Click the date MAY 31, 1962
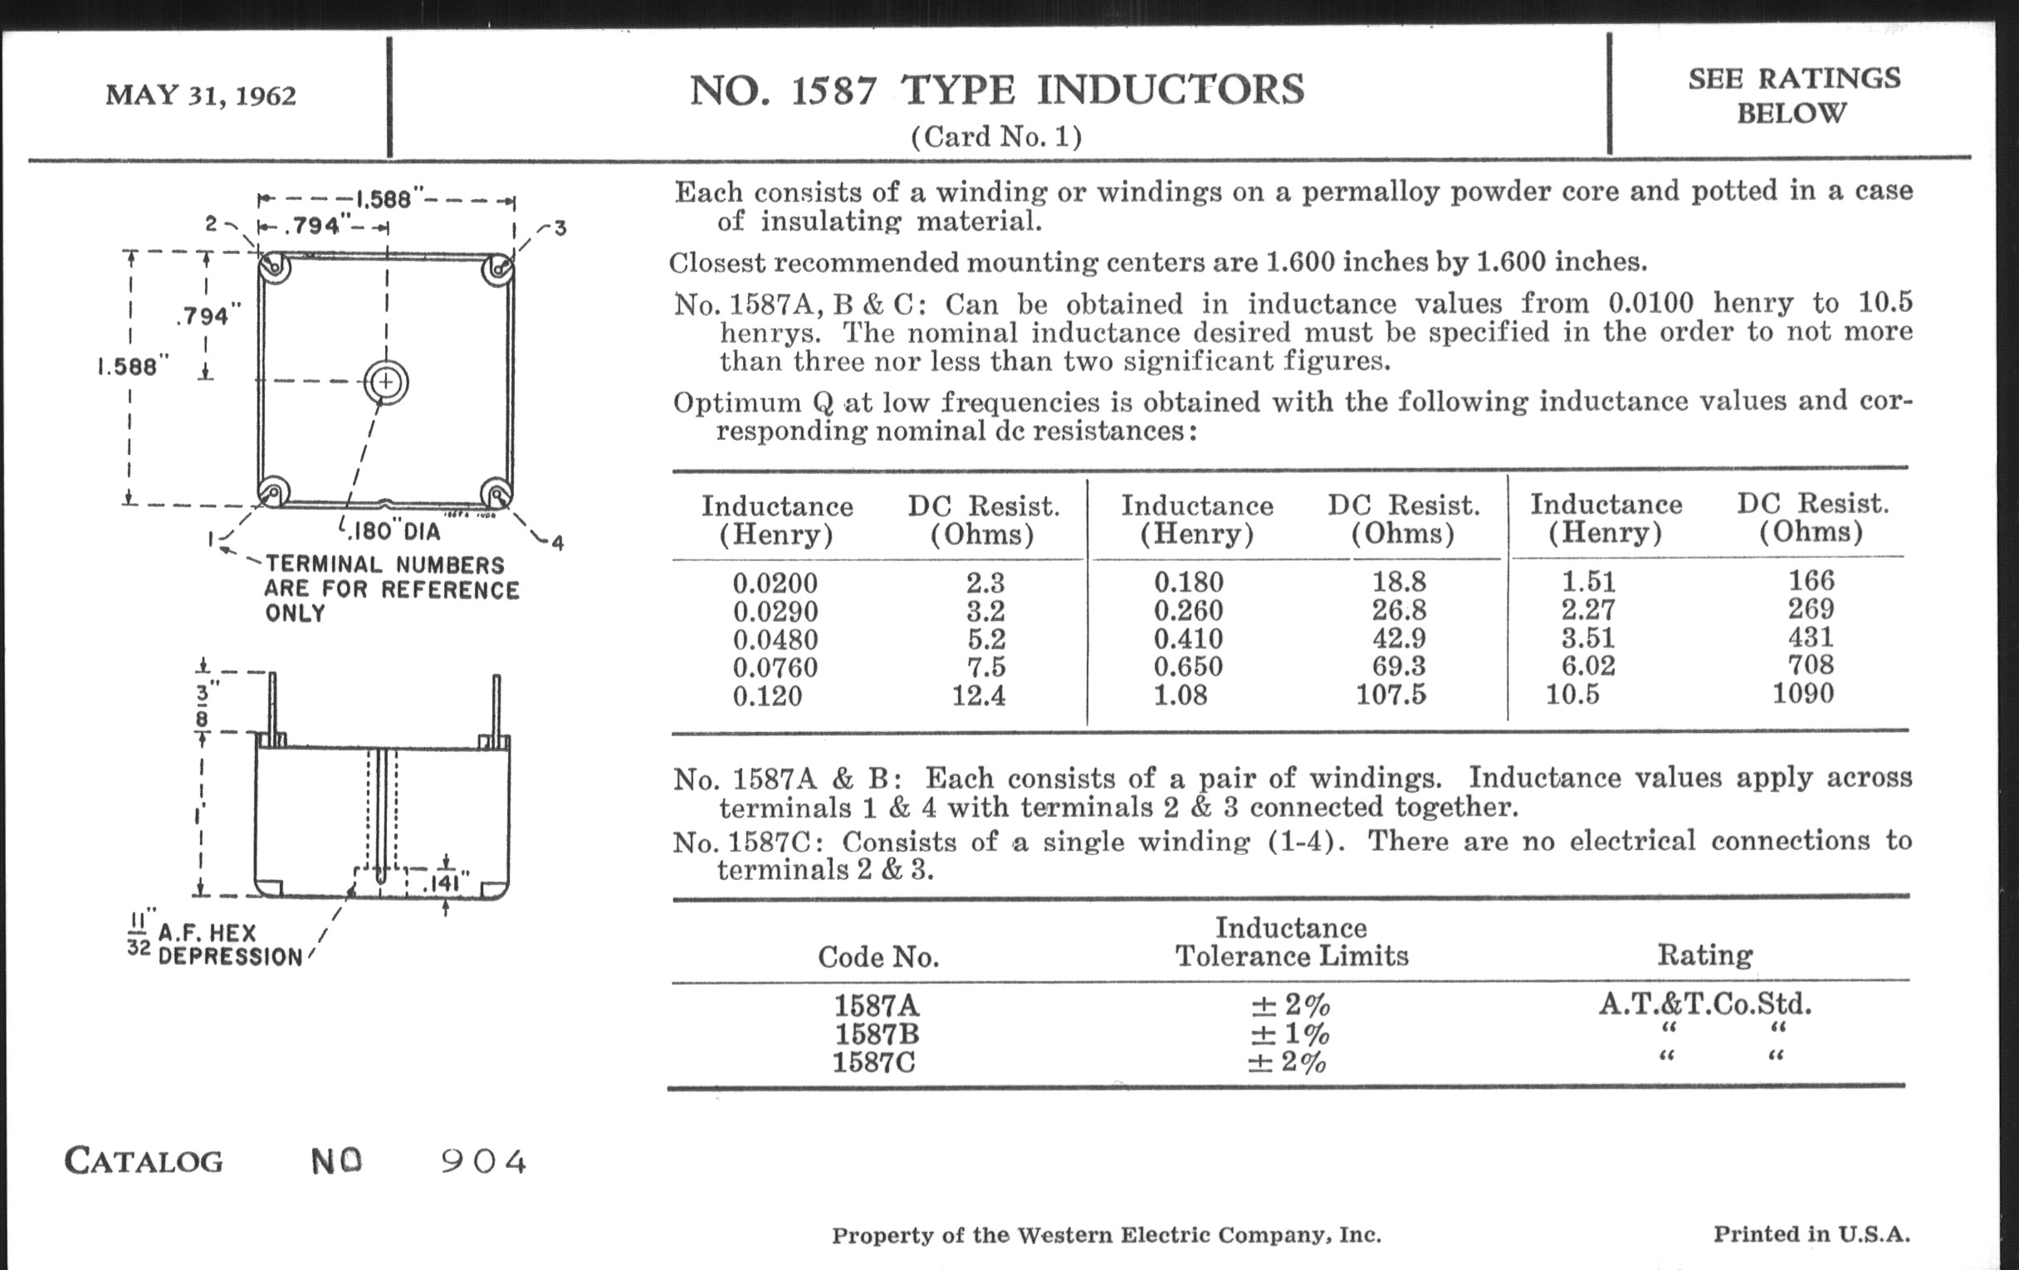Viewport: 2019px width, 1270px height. click(200, 95)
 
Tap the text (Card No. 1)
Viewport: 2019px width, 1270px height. click(996, 137)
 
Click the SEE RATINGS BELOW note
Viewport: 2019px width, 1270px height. click(1793, 95)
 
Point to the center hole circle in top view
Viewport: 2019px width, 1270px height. click(386, 383)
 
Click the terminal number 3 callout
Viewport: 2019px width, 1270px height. click(560, 228)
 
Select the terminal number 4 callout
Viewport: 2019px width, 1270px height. click(558, 542)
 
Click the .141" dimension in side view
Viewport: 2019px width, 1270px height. click(444, 883)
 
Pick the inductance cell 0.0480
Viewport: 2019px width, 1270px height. click(775, 640)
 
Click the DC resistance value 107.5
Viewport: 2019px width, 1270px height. click(1391, 695)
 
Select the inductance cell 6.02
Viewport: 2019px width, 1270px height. click(1588, 666)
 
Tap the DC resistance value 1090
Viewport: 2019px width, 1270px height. click(1802, 694)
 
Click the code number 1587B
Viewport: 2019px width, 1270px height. click(876, 1033)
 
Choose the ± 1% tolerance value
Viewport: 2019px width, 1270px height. click(1289, 1033)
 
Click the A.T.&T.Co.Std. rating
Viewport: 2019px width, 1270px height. click(1704, 1004)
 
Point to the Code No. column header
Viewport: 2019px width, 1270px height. click(878, 956)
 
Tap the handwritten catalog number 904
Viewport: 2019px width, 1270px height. click(484, 1161)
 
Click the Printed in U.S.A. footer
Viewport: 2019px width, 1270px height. click(1811, 1234)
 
